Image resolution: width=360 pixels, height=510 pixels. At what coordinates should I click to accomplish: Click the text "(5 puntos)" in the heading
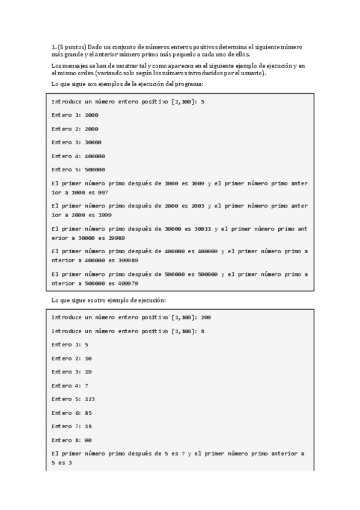tap(72, 47)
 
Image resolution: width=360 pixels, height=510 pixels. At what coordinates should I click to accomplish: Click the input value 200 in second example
tap(206, 317)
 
